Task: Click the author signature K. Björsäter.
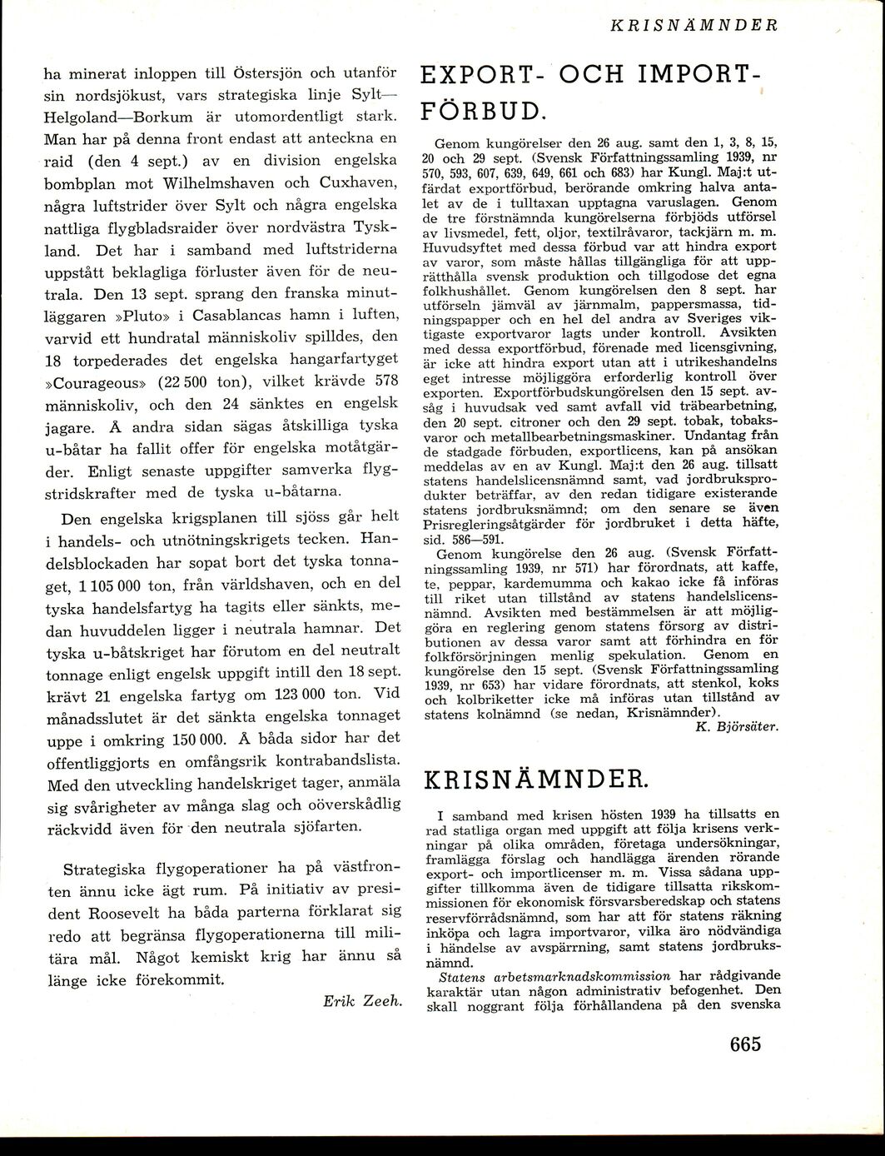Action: pos(736,727)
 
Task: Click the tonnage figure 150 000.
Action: pos(186,738)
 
